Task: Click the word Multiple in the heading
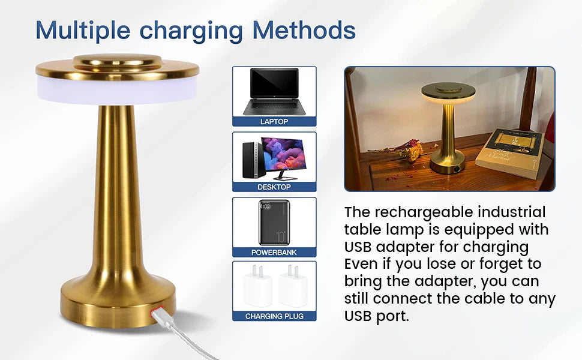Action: (83, 31)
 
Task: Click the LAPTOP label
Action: (274, 122)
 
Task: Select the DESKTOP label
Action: (274, 187)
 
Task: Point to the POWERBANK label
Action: (274, 253)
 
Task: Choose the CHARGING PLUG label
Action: (274, 316)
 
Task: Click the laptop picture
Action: (274, 91)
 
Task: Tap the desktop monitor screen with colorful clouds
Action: (284, 154)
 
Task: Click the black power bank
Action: (274, 223)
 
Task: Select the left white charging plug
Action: (257, 286)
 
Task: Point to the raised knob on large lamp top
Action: (117, 62)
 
